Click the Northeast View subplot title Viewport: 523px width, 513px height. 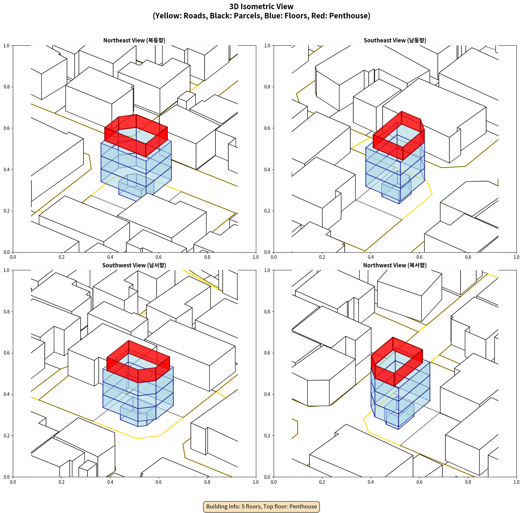pyautogui.click(x=134, y=40)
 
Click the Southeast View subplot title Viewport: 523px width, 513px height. pyautogui.click(x=395, y=40)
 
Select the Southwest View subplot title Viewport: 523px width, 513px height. pyautogui.click(x=134, y=265)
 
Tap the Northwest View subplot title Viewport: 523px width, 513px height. pyautogui.click(x=395, y=265)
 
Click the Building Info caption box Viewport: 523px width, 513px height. pyautogui.click(x=261, y=506)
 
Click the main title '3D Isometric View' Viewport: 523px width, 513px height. pyautogui.click(x=261, y=7)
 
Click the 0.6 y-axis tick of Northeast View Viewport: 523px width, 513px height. pyautogui.click(x=7, y=128)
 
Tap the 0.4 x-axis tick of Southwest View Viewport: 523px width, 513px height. pyautogui.click(x=110, y=482)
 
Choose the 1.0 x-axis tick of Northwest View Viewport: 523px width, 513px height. pyautogui.click(x=516, y=482)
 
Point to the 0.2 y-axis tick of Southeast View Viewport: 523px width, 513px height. pyautogui.click(x=267, y=211)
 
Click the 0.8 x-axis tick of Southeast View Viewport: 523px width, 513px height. pyautogui.click(x=468, y=257)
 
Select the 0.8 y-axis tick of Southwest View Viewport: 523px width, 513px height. pyautogui.click(x=7, y=311)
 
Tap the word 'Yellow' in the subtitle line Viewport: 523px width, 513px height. pyautogui.click(x=168, y=16)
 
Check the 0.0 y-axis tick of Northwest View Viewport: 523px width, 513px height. pyautogui.click(x=267, y=477)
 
